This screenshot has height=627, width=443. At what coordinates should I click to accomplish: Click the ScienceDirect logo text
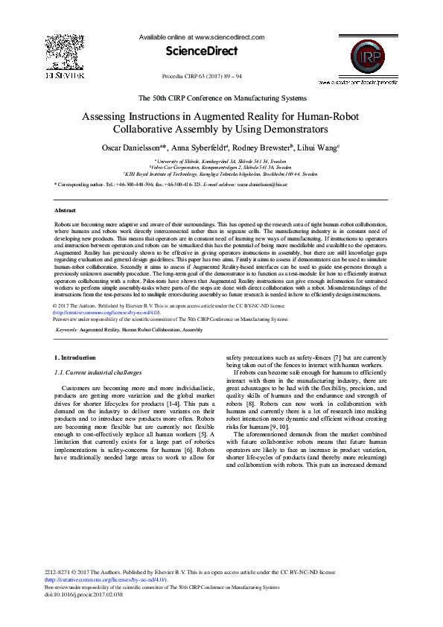point(201,51)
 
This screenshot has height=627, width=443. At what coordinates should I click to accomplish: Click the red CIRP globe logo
point(356,57)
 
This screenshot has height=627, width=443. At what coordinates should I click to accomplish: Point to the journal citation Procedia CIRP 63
point(201,77)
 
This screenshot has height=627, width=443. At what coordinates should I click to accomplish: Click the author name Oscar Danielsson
point(133,147)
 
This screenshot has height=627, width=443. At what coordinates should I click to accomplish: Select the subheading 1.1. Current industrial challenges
point(98,372)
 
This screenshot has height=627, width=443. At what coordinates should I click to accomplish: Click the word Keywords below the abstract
point(66,329)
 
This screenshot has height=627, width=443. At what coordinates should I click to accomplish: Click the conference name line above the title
point(221,98)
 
